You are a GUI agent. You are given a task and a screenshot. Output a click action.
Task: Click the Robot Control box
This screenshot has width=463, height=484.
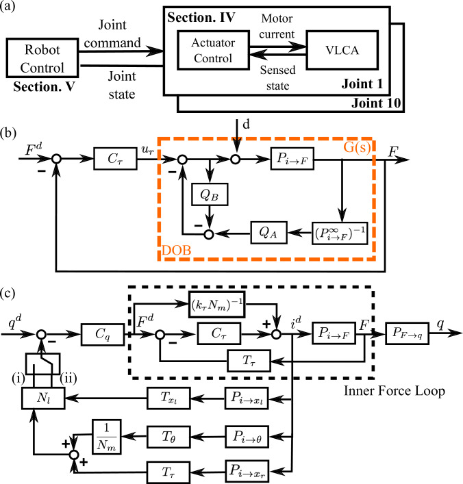click(42, 58)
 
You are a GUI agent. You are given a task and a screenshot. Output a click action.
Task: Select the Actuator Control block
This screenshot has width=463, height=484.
click(213, 50)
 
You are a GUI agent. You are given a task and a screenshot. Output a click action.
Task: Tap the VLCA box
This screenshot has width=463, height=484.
click(342, 50)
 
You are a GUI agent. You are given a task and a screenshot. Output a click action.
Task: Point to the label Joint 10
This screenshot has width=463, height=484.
click(376, 103)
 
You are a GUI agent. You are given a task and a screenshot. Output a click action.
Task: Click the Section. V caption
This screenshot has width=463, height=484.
click(44, 87)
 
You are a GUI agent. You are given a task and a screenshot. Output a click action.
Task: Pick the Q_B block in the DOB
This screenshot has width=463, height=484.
click(210, 194)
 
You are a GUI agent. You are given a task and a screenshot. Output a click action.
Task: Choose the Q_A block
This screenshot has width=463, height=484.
click(268, 233)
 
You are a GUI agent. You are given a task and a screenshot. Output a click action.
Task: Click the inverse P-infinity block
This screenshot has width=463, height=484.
click(340, 233)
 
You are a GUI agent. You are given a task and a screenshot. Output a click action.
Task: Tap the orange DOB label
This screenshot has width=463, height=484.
click(177, 250)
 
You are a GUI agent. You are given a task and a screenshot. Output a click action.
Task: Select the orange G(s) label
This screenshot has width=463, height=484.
click(357, 147)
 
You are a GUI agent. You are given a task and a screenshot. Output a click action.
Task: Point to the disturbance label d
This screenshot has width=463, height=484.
click(246, 125)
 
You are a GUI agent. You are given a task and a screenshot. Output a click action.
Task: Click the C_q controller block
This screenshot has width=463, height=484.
click(103, 334)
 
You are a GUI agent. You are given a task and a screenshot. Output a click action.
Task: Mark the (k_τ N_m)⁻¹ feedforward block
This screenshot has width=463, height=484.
click(217, 305)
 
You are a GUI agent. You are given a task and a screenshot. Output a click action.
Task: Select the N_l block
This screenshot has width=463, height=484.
click(43, 398)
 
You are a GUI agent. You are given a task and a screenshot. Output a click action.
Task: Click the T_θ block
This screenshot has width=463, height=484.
click(168, 437)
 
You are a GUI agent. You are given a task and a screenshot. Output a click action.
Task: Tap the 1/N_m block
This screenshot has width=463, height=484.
click(107, 437)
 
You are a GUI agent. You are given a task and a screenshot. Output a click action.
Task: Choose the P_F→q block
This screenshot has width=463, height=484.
click(408, 333)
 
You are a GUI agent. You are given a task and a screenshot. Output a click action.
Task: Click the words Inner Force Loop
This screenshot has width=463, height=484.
click(395, 391)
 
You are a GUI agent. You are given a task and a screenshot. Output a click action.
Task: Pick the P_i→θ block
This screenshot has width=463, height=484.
click(247, 437)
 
